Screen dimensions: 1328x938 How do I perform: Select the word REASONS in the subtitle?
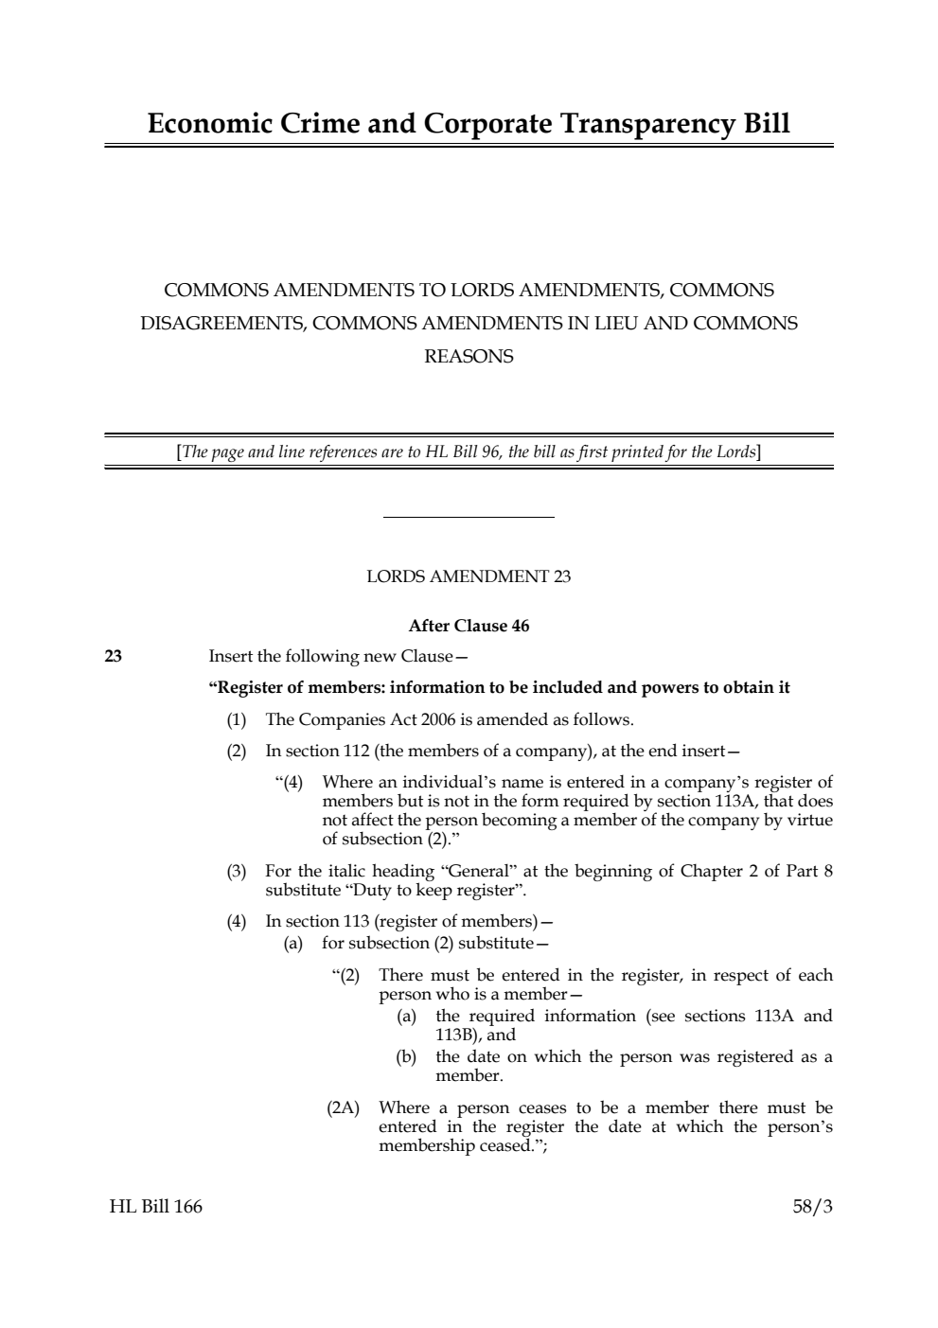click(x=469, y=356)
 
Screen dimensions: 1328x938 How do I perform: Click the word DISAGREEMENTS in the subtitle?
click(x=222, y=323)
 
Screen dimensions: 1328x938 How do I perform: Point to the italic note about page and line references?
click(x=469, y=452)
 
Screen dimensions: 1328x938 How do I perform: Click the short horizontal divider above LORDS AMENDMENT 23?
click(x=469, y=518)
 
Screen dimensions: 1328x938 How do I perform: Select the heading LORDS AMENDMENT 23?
click(x=469, y=576)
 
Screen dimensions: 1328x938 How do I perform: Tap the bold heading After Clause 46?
click(x=469, y=626)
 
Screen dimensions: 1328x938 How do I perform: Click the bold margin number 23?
click(x=113, y=656)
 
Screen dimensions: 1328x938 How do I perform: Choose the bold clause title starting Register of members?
click(x=499, y=687)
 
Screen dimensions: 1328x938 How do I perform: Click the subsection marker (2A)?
click(x=343, y=1107)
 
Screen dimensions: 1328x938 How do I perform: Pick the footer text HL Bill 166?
click(x=155, y=1206)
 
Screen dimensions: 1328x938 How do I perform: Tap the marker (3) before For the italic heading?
click(x=236, y=871)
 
